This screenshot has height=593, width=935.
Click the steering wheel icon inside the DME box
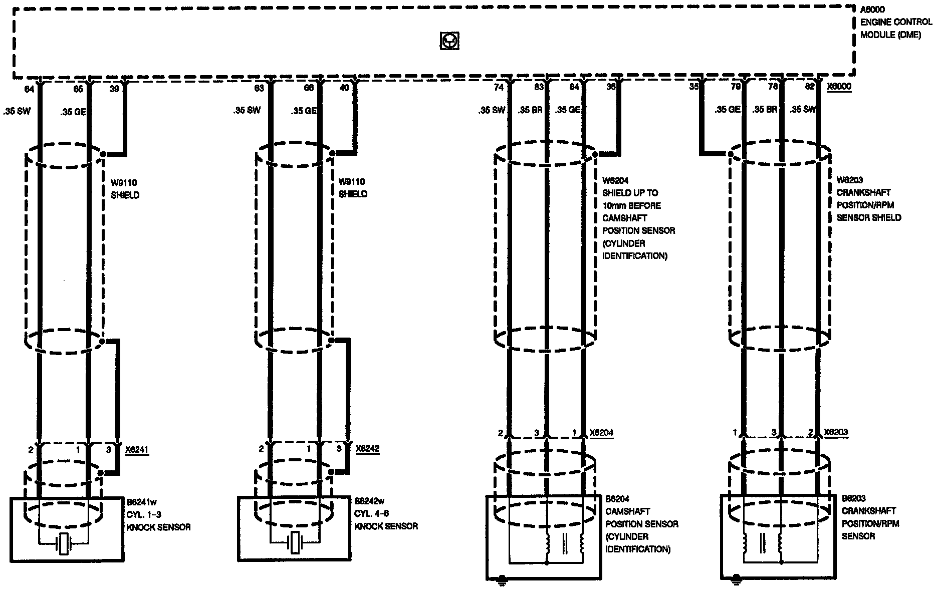pos(449,41)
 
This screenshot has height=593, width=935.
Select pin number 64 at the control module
pos(30,89)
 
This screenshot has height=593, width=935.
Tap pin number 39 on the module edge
pos(115,89)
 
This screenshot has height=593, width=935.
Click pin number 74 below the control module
pos(498,87)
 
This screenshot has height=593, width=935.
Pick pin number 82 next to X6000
pos(810,87)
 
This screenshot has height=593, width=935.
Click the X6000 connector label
pos(839,87)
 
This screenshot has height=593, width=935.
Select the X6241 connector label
pos(137,449)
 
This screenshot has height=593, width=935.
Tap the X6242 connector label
pos(367,449)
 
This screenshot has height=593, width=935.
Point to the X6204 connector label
pos(601,433)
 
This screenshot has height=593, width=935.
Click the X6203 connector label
pos(836,432)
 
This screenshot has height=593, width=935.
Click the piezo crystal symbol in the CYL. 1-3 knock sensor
pos(64,544)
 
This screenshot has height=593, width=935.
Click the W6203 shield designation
pos(850,180)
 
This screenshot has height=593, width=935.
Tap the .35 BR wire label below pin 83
pos(531,110)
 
